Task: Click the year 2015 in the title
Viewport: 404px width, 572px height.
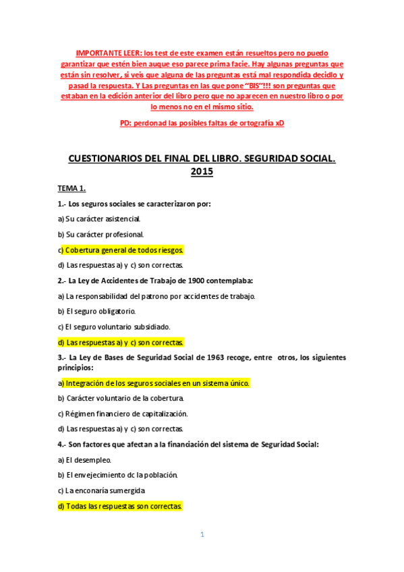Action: click(202, 172)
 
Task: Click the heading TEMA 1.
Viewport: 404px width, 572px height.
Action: click(71, 188)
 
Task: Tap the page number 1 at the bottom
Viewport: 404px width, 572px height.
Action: click(202, 534)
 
